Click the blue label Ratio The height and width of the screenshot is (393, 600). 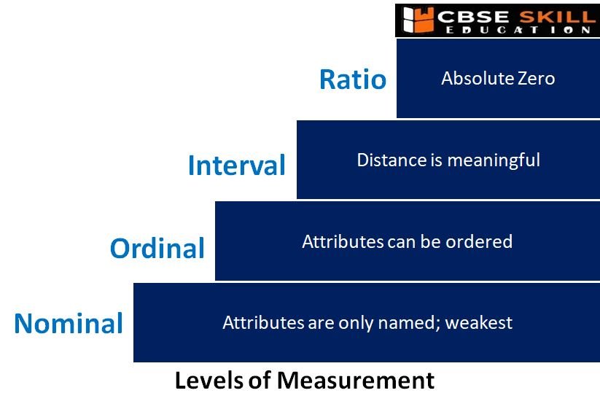pos(353,79)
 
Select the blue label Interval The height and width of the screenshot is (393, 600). pos(237,165)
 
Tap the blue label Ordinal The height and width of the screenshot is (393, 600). pos(157,248)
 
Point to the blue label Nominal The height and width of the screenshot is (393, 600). pos(69,323)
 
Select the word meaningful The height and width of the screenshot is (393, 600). pos(494,160)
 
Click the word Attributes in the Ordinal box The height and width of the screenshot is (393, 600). pos(343,241)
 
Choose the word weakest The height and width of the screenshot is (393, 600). pos(479,322)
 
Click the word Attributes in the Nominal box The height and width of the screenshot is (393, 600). pos(263,322)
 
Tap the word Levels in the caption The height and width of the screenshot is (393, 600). pos(209,381)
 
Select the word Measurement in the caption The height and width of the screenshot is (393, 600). pos(356,381)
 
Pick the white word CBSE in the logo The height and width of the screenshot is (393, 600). pos(473,17)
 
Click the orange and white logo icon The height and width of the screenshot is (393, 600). pos(418,20)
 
